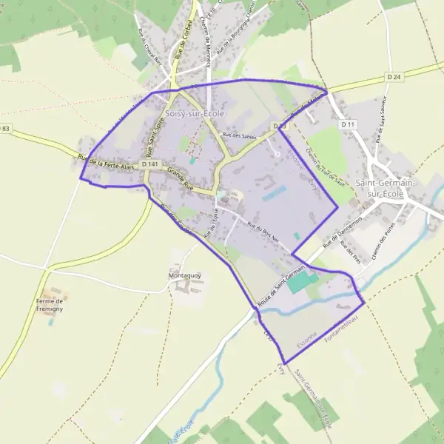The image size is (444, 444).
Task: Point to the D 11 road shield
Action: [349, 125]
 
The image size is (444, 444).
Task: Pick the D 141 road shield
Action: [149, 164]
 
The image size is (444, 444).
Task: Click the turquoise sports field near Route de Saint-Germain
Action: [301, 281]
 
